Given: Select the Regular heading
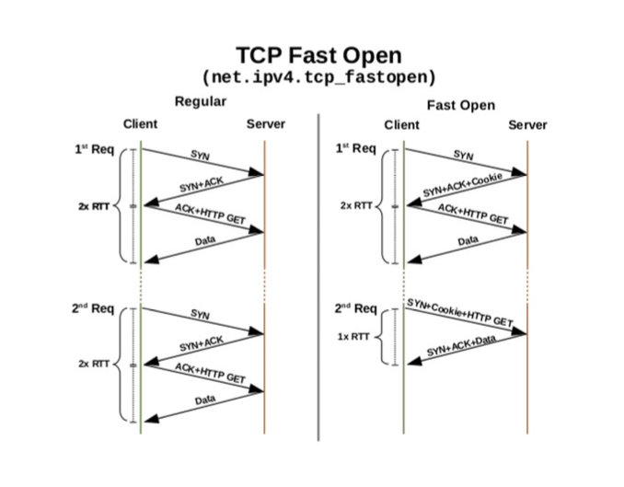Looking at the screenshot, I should (200, 101).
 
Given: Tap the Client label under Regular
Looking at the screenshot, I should (140, 124).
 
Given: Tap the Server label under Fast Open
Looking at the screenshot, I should (527, 125).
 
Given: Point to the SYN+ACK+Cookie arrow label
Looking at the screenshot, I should (462, 185).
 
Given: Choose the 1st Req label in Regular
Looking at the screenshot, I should (94, 148).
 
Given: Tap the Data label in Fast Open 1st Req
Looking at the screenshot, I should (468, 241).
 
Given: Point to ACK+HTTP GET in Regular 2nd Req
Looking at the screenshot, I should (210, 373).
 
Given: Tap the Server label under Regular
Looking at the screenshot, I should (266, 124).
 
